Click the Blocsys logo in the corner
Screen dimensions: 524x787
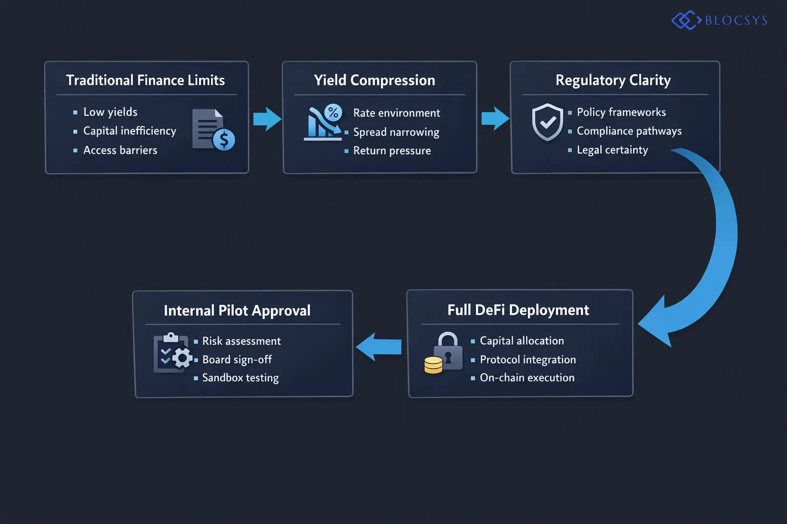(x=719, y=20)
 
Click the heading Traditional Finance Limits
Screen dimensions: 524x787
(x=146, y=80)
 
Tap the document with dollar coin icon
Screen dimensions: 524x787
(x=213, y=130)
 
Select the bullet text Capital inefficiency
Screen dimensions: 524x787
(x=130, y=131)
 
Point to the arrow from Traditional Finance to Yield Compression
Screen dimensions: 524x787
(x=267, y=119)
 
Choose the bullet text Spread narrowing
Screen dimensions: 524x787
(x=396, y=132)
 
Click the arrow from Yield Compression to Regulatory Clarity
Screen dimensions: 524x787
(x=495, y=119)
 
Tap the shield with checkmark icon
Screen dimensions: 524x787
(x=547, y=122)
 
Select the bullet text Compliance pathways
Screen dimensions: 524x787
(x=629, y=131)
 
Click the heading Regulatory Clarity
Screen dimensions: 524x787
(x=613, y=80)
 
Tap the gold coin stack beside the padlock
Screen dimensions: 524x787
(x=433, y=365)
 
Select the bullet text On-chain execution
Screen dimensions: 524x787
(x=527, y=378)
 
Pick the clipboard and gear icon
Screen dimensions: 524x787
(x=172, y=353)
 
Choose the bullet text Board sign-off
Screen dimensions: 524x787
(x=237, y=360)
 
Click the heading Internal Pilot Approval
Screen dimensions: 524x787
(x=237, y=311)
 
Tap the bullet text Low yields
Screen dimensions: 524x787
(x=110, y=112)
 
